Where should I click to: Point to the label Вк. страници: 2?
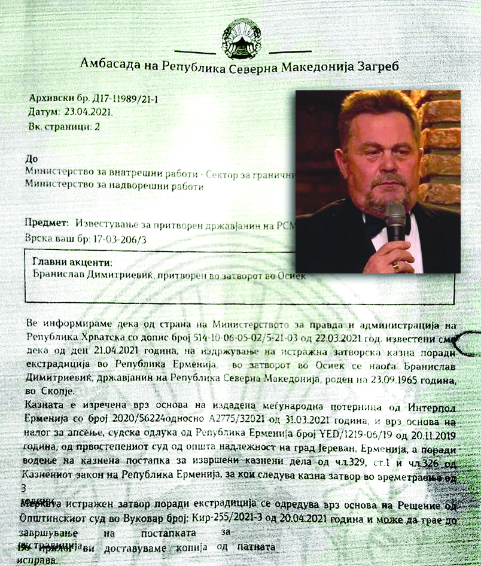point(65,127)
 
